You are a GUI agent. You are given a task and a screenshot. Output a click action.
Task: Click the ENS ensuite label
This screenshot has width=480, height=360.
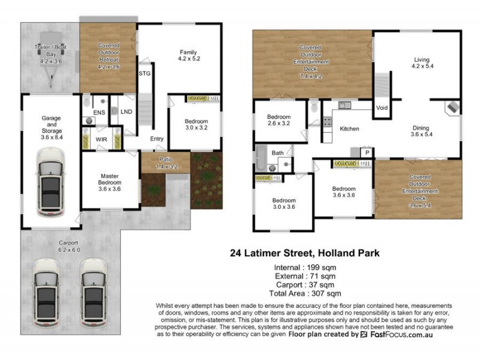click(99, 112)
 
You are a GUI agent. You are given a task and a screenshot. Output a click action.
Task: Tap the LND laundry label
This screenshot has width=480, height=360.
click(126, 112)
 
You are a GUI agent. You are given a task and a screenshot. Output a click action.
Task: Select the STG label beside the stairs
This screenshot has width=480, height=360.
click(145, 73)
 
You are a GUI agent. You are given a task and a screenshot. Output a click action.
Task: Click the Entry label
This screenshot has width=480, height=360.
click(157, 139)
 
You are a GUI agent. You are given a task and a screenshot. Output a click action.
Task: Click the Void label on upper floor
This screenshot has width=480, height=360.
click(382, 108)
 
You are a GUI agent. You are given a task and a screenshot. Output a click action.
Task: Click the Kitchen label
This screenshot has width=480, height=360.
click(349, 129)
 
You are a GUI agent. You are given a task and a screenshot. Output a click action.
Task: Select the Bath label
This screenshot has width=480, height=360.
click(277, 153)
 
